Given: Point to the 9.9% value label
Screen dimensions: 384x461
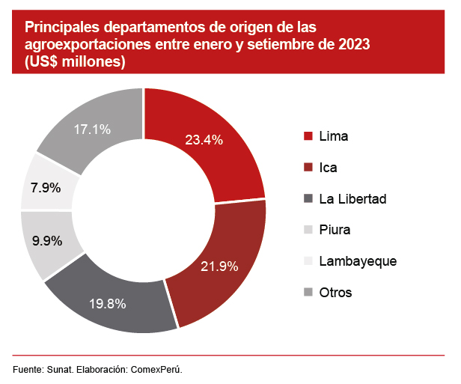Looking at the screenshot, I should [x=47, y=242].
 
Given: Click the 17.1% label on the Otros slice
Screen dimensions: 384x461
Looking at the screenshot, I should [x=92, y=129].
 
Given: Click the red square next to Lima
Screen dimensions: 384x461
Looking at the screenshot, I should [x=308, y=136].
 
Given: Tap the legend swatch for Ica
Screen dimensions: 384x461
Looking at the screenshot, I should [x=308, y=168].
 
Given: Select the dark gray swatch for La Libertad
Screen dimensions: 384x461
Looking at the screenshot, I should [x=308, y=198].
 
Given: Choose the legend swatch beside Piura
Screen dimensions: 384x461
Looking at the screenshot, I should [x=308, y=230].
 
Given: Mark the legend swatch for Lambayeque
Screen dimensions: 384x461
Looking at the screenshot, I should [x=308, y=261].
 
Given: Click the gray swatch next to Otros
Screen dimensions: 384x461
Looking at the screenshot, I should [x=308, y=292].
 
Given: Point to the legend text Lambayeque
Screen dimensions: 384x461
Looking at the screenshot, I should [x=357, y=261].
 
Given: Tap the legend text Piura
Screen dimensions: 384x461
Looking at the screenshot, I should [x=335, y=230].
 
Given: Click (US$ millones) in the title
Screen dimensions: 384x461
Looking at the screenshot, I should [x=75, y=64].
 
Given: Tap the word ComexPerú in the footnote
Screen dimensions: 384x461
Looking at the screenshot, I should [x=157, y=370].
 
